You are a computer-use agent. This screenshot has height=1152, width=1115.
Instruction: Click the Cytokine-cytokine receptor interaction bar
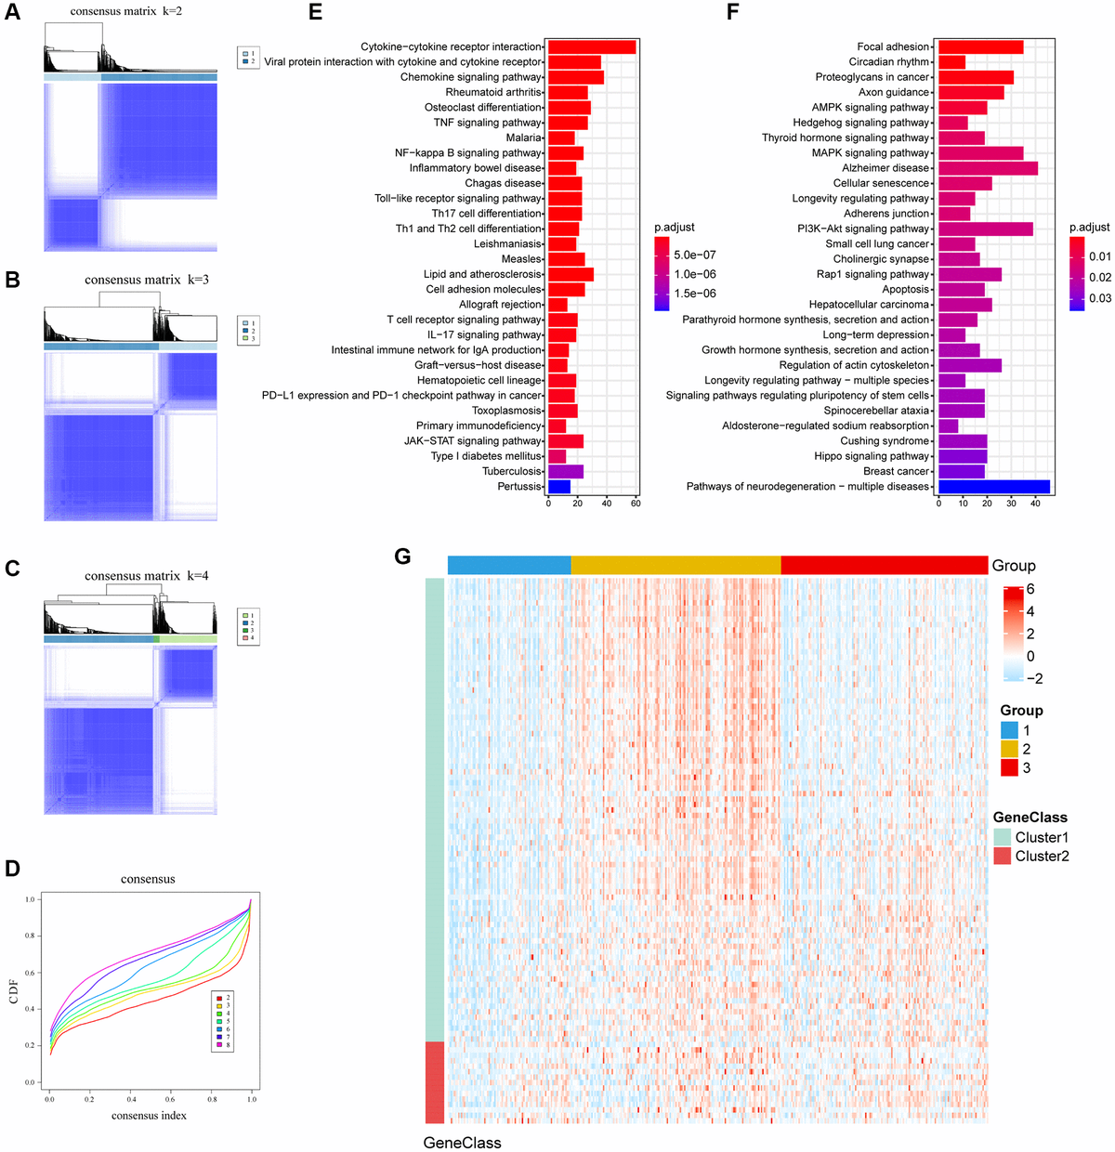click(592, 46)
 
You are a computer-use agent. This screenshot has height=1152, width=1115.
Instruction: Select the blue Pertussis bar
click(559, 487)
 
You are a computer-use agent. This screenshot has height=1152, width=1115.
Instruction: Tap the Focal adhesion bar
click(980, 46)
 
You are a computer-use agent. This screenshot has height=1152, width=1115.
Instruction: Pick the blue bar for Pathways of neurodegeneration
click(994, 487)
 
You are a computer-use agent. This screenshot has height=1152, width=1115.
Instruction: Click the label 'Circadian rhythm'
click(888, 62)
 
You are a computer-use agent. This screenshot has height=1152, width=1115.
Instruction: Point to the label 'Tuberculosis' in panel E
click(512, 472)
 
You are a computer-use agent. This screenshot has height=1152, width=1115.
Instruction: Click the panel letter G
click(402, 556)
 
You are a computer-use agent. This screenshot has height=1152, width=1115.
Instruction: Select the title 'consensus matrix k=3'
click(147, 280)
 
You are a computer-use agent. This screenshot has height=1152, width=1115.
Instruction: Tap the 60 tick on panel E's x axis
click(636, 504)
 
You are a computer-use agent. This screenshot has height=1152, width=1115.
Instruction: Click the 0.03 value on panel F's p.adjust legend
click(1100, 298)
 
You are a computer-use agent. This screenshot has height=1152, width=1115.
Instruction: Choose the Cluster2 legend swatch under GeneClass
click(1002, 857)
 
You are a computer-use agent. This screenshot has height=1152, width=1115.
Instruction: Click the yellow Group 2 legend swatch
click(1009, 750)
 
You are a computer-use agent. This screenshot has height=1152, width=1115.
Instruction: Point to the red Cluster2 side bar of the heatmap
click(434, 1082)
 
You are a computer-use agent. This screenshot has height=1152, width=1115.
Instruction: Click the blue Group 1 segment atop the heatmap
click(509, 565)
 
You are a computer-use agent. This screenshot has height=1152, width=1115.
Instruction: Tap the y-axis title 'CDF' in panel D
click(14, 992)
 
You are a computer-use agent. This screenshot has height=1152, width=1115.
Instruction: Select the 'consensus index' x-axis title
click(149, 1116)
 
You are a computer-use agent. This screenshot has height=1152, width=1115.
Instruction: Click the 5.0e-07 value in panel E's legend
click(695, 255)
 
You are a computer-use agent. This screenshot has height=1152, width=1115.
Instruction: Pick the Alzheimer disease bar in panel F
click(988, 168)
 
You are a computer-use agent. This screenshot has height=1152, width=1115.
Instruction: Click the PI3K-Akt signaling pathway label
click(863, 229)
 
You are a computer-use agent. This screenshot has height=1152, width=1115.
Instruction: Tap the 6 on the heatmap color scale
click(1030, 589)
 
